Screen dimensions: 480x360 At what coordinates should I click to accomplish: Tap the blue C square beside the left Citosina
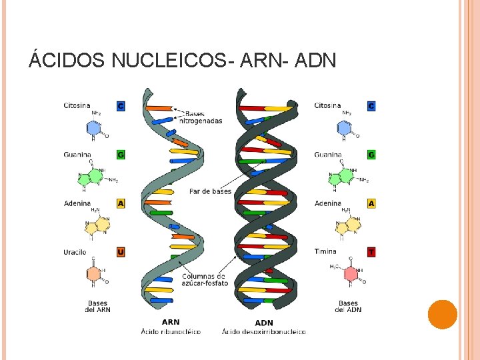click(121, 106)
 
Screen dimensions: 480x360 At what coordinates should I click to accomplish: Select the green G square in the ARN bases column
click(121, 155)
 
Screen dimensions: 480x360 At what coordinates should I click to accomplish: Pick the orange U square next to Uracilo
click(121, 252)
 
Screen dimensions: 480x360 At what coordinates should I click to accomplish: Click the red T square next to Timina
click(371, 252)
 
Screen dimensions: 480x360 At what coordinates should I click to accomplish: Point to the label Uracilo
click(75, 252)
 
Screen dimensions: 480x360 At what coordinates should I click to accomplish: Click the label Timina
click(326, 252)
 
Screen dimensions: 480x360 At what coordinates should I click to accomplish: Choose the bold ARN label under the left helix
click(171, 323)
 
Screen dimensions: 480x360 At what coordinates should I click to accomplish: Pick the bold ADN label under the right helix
click(264, 323)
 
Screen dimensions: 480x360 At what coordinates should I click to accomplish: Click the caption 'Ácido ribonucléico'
click(171, 331)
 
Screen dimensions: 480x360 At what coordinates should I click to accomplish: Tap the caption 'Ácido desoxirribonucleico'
click(264, 331)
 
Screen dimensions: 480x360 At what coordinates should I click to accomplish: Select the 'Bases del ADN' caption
click(348, 306)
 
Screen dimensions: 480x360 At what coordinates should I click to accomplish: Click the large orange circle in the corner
click(442, 315)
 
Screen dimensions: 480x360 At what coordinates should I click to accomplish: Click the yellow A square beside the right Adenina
click(371, 203)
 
